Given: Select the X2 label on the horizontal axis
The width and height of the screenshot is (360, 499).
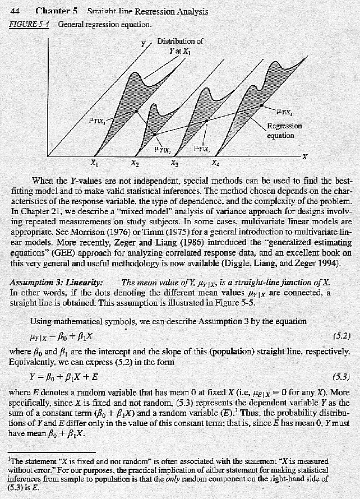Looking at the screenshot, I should [135, 163].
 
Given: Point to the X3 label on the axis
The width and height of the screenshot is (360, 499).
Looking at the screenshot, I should [176, 163].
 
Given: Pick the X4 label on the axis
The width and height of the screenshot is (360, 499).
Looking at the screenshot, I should [216, 163].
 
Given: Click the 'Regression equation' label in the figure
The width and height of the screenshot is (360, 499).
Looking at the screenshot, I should [284, 131].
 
